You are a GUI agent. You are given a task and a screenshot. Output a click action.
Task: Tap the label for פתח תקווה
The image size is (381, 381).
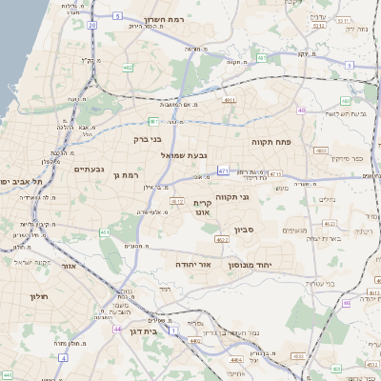click(271, 142)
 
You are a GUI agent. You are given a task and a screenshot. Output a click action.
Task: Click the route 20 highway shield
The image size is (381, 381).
click(91, 26)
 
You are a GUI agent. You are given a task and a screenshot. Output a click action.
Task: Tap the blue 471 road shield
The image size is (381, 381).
click(223, 170)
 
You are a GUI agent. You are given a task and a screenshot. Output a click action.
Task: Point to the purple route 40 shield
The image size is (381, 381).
click(301, 110)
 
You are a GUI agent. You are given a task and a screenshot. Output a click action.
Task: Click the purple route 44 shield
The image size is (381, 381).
click(117, 329)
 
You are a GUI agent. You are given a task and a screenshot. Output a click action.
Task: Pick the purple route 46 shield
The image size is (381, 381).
click(348, 302)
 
